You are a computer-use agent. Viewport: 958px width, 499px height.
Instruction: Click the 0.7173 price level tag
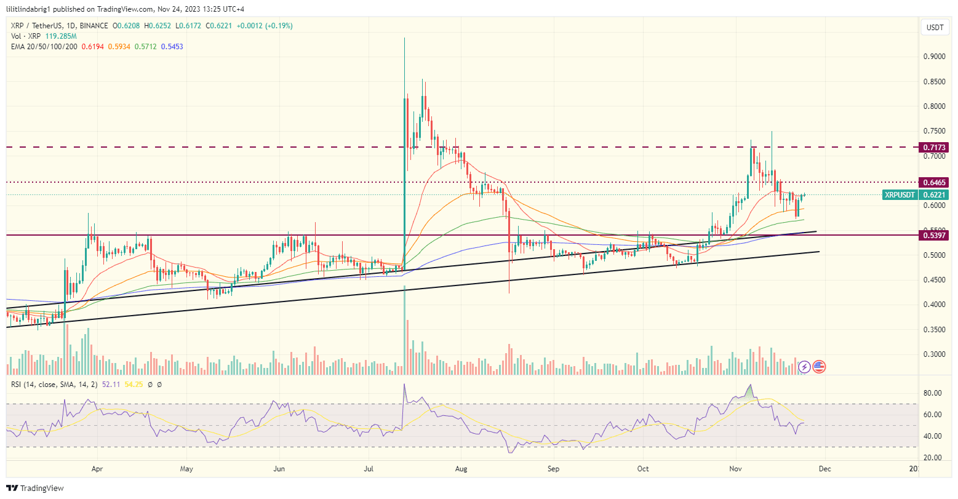tap(934, 148)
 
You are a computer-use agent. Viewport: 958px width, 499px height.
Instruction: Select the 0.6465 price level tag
tap(934, 183)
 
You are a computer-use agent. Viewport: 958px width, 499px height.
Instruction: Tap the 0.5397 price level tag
tap(934, 236)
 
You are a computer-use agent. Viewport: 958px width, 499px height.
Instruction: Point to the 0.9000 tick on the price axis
tap(934, 57)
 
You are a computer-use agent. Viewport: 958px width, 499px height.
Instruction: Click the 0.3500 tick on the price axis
tap(934, 330)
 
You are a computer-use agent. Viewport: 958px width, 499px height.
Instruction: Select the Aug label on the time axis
tap(461, 468)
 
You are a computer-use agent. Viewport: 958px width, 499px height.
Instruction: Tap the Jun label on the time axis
tap(279, 468)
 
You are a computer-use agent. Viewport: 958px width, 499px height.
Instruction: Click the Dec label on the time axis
tap(824, 468)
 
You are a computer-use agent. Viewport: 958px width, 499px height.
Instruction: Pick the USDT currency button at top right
tap(935, 28)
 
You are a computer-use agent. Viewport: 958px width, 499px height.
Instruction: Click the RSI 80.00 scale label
tap(934, 393)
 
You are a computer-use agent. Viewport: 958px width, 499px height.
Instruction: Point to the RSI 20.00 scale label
tap(934, 458)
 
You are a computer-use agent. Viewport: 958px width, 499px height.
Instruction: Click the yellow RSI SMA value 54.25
tap(134, 385)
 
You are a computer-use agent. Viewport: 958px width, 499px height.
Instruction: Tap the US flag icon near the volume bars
tap(819, 367)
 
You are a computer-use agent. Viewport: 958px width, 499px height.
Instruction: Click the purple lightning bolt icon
tap(804, 367)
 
